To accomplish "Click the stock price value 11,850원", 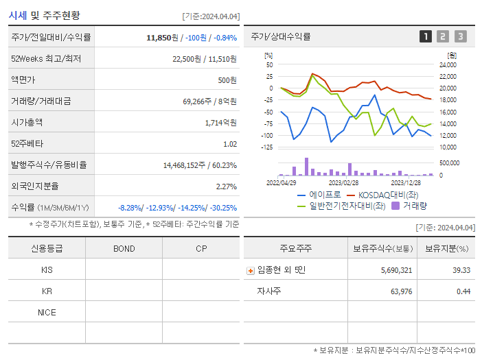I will (163, 37).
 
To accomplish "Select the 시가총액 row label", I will (27, 123).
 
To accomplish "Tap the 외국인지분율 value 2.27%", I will (226, 187).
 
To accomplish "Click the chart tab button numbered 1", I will (426, 36).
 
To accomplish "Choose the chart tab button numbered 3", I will (460, 36).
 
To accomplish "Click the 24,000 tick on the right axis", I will (447, 64).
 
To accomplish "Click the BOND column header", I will (124, 248).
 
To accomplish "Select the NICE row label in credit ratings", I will (47, 312).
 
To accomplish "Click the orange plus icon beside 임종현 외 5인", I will (251, 270).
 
